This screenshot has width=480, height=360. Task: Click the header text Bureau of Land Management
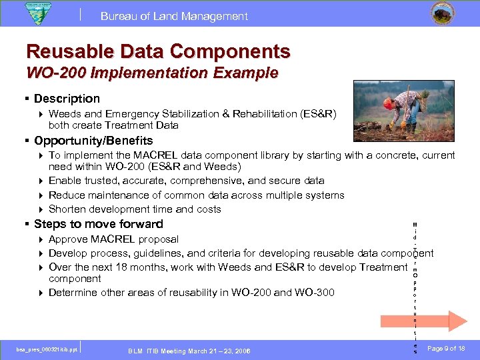click(x=174, y=17)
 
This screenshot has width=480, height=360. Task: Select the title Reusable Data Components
click(x=158, y=51)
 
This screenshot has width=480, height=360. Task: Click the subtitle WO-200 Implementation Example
click(x=152, y=73)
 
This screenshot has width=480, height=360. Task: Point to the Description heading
click(x=67, y=99)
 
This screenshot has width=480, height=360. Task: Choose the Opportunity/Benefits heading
click(x=93, y=141)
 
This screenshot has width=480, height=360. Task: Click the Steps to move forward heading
click(x=98, y=224)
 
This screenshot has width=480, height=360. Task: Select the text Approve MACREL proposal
click(x=113, y=239)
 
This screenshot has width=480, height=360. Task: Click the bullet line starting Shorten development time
click(x=135, y=209)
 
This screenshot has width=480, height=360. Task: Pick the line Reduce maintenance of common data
click(x=196, y=195)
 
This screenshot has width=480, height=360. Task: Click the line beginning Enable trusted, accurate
click(x=186, y=181)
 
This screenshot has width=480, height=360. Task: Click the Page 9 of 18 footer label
click(x=447, y=349)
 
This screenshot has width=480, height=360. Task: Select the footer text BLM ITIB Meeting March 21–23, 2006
click(x=189, y=351)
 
